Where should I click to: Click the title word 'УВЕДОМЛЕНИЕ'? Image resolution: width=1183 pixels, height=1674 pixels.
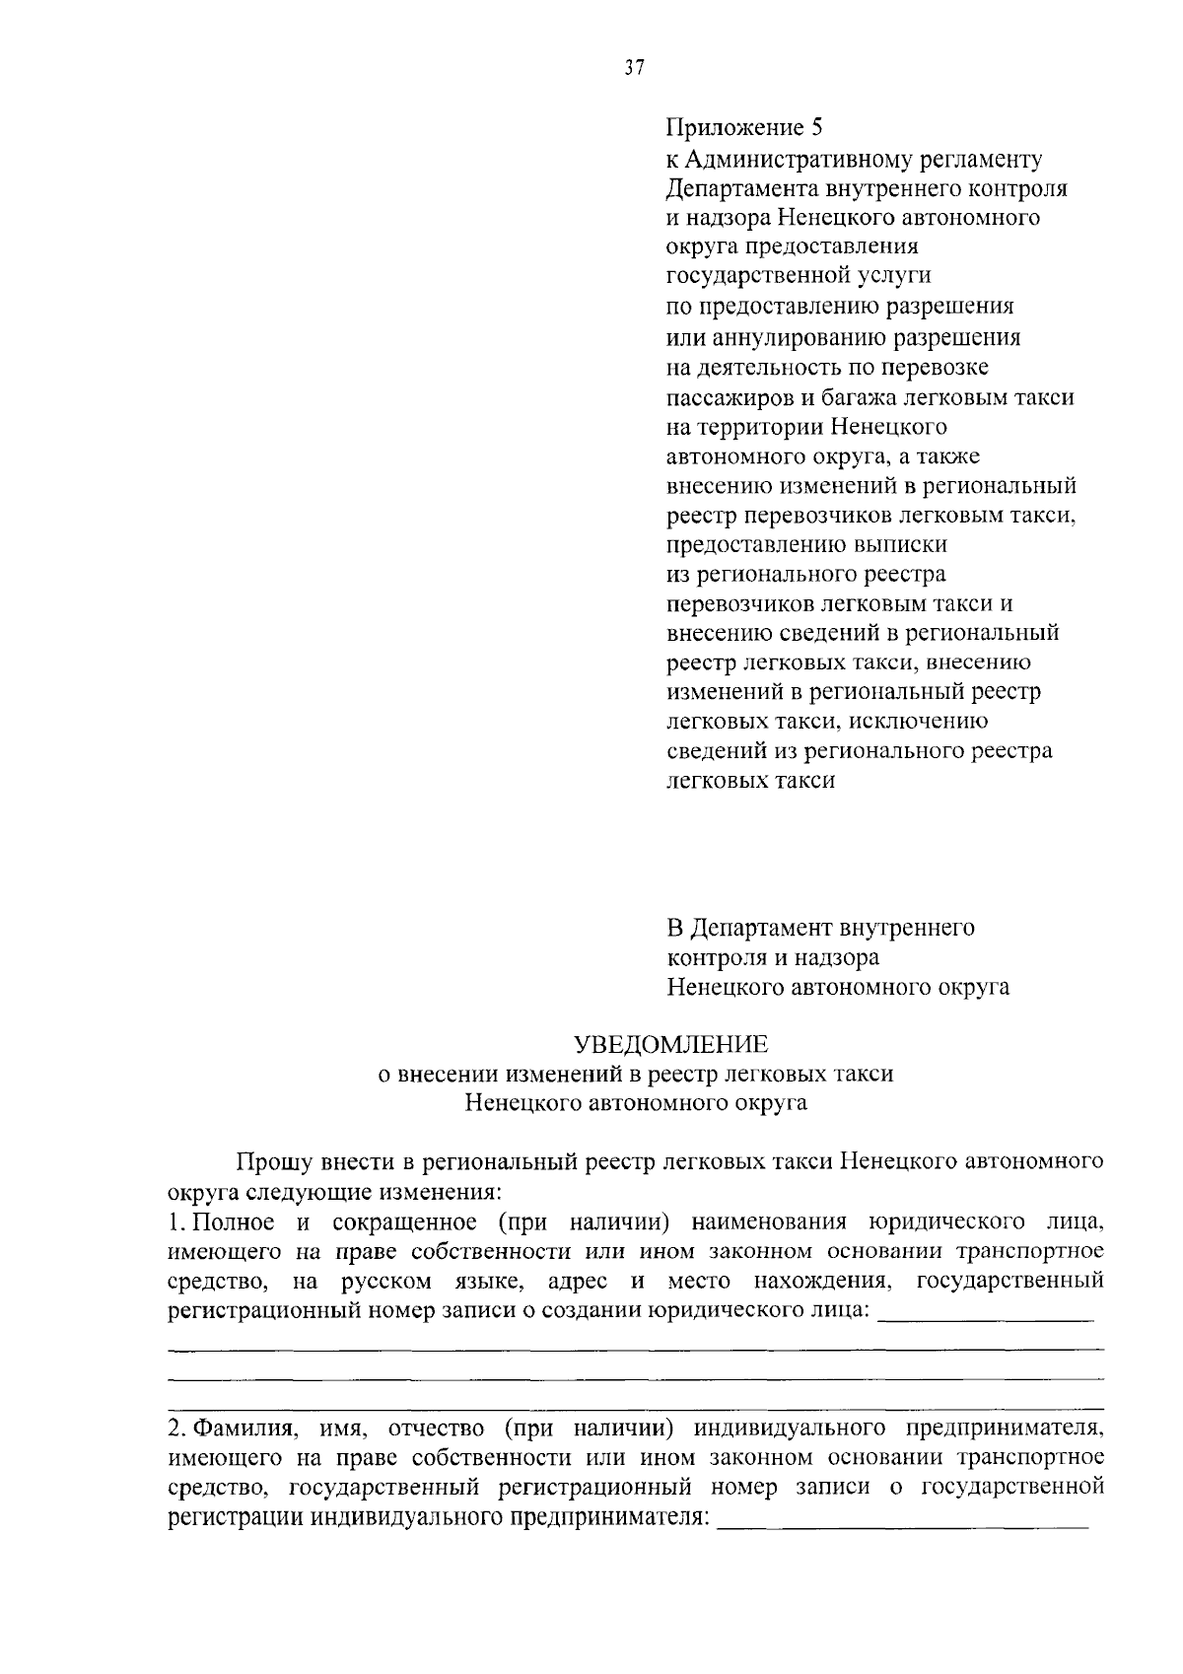click(x=671, y=1044)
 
